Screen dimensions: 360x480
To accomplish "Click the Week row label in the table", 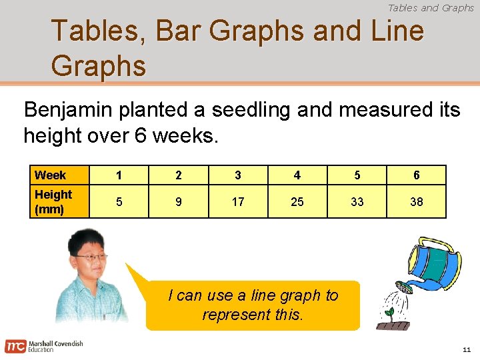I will point(51,175).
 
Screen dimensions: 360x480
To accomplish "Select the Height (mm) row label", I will point(53,201).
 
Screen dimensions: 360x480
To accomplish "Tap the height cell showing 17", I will point(238,201).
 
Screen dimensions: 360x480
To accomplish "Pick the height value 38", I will point(417,201).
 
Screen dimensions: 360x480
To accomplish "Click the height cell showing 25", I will point(297,201).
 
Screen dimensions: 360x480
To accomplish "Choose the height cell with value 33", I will point(357,201).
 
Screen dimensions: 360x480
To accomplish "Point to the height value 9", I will point(178,201).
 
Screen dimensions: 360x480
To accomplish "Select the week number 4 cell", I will point(297,175).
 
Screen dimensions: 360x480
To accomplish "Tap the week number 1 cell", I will point(119,175).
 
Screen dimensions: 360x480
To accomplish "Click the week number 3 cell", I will point(238,175).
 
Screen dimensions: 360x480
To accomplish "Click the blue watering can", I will point(433,263).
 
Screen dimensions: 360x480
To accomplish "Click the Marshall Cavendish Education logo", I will point(44,346).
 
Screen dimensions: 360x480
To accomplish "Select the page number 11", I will point(467,349).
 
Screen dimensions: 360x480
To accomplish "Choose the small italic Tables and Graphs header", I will point(431,8).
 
